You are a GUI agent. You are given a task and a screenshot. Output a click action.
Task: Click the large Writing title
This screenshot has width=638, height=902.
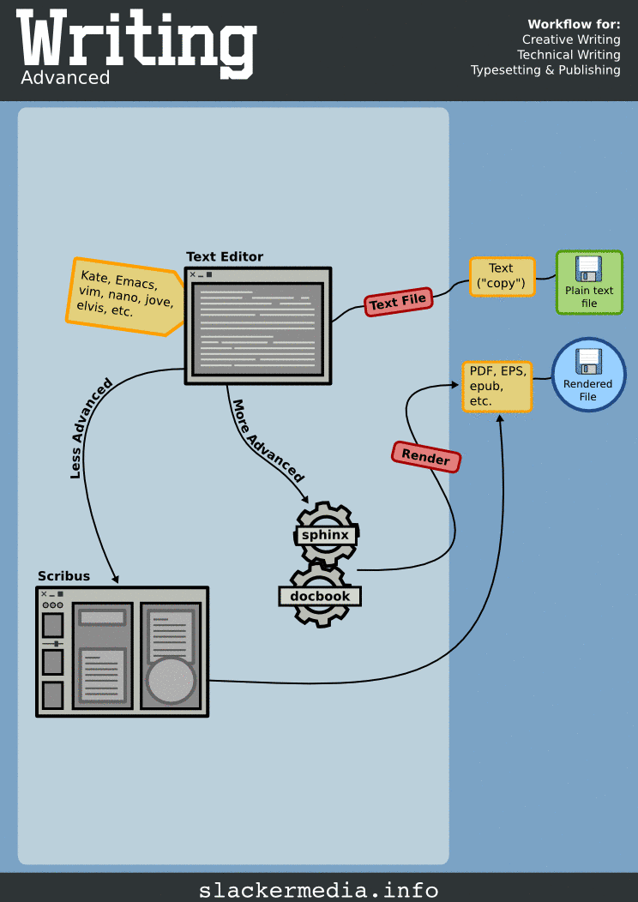pyautogui.click(x=136, y=40)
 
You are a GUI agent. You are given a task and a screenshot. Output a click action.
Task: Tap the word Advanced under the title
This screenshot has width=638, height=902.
pyautogui.click(x=66, y=78)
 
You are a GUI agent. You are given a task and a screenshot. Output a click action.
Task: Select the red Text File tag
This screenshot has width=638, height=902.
pyautogui.click(x=398, y=302)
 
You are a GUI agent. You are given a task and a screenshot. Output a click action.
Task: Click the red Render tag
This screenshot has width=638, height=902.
pyautogui.click(x=426, y=458)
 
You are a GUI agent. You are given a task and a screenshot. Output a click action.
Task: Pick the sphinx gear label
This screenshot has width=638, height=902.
pyautogui.click(x=325, y=535)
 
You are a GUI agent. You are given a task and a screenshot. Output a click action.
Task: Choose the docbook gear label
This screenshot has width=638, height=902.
pyautogui.click(x=320, y=596)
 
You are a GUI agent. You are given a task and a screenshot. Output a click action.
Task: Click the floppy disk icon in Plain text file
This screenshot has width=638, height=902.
pyautogui.click(x=589, y=269)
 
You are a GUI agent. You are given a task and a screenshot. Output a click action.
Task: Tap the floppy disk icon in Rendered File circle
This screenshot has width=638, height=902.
pyautogui.click(x=588, y=361)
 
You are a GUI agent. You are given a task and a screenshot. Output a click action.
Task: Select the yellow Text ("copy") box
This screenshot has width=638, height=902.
pyautogui.click(x=502, y=276)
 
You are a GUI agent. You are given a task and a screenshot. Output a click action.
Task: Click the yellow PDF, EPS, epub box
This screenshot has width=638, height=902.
pyautogui.click(x=497, y=386)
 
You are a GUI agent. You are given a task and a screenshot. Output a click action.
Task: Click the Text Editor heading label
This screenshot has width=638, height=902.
pyautogui.click(x=225, y=256)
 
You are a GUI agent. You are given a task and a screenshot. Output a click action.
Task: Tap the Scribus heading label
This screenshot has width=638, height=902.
pyautogui.click(x=63, y=575)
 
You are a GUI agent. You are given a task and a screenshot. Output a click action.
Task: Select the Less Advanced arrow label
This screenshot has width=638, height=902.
pyautogui.click(x=90, y=427)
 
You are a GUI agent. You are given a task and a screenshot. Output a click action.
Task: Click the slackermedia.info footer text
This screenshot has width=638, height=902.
pyautogui.click(x=318, y=890)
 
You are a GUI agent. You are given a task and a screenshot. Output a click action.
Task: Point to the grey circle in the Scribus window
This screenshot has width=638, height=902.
pyautogui.click(x=172, y=681)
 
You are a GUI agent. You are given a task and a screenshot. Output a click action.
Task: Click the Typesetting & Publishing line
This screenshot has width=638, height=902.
pyautogui.click(x=545, y=70)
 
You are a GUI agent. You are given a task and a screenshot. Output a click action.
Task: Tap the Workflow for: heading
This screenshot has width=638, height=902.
pyautogui.click(x=574, y=24)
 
